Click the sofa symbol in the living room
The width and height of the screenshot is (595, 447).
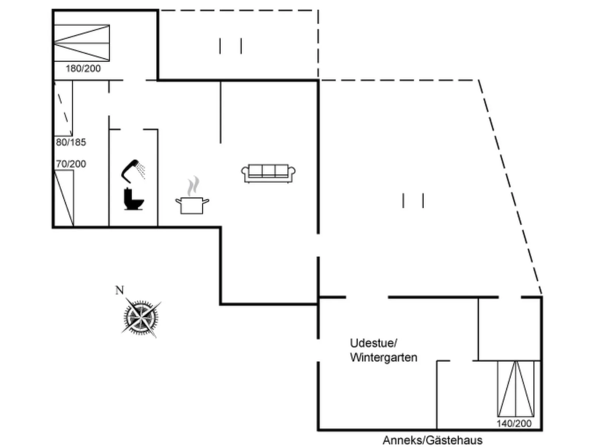pos(268,173)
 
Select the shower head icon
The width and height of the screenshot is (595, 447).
pos(133,171)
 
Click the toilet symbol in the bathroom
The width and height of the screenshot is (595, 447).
pos(133,199)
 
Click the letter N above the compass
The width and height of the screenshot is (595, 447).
pos(119,290)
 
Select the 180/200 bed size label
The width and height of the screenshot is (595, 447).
pos(83,68)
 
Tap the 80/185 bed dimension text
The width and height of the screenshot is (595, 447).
pos(71,142)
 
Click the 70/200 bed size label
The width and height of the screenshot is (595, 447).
pos(71,164)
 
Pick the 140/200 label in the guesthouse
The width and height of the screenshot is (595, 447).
pos(514,423)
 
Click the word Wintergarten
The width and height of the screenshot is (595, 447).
pos(383,357)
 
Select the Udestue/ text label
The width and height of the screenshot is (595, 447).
pos(373,343)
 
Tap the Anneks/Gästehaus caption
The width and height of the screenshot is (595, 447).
pos(432,440)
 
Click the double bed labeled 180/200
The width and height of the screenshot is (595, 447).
pos(82,43)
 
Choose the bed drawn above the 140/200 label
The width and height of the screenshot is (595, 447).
pos(515,388)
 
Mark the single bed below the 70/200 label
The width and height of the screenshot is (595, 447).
pos(64,198)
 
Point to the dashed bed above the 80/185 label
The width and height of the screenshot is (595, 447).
pos(63,108)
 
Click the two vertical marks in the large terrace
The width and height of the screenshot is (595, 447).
pos(413,201)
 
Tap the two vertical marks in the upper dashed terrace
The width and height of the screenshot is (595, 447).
pos(230,46)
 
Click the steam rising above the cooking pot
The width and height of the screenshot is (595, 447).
pos(193,187)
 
